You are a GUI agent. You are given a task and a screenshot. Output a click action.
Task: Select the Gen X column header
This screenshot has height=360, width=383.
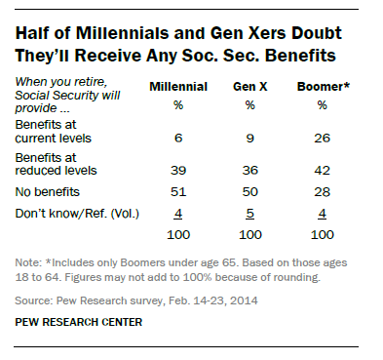(x=250, y=87)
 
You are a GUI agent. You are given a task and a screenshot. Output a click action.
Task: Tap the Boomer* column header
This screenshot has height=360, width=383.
(x=323, y=87)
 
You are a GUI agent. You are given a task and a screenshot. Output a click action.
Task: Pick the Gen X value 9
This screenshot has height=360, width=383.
(x=250, y=139)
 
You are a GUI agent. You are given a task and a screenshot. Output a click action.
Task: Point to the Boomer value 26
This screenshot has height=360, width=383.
(x=323, y=139)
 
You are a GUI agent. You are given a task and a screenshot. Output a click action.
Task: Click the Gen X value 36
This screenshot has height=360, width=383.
(x=250, y=170)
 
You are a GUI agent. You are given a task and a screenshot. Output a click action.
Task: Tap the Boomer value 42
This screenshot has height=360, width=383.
(x=323, y=170)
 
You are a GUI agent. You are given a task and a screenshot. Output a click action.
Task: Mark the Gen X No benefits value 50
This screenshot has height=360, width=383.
(x=250, y=193)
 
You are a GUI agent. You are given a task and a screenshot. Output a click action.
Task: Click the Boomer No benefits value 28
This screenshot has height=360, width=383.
(x=323, y=193)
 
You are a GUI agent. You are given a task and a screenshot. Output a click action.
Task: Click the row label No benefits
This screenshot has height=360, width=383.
(x=50, y=193)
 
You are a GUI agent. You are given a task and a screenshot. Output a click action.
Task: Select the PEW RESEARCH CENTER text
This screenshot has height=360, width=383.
(x=82, y=321)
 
